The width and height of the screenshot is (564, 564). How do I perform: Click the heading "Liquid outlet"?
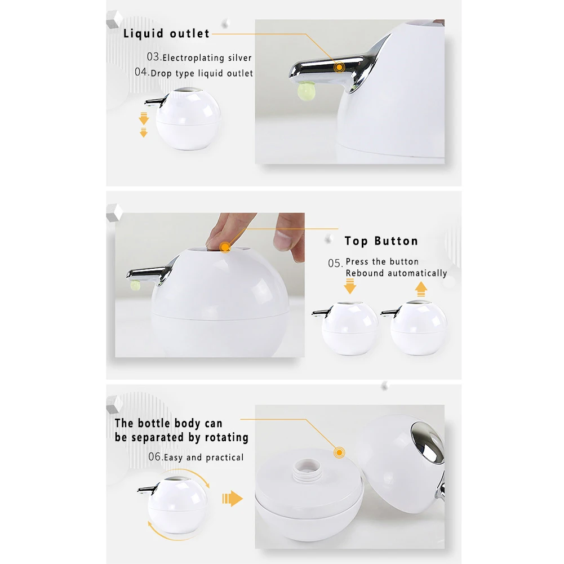click(x=166, y=33)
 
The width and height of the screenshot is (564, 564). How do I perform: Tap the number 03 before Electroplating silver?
click(x=153, y=57)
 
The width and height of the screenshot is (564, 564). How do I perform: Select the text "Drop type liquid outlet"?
click(x=202, y=73)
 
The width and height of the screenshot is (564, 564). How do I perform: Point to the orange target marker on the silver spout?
click(x=339, y=67)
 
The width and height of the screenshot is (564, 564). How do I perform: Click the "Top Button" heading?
click(x=381, y=241)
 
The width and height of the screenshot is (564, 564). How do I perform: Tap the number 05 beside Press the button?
click(x=335, y=263)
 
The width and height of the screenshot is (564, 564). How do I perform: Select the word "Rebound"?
click(x=365, y=273)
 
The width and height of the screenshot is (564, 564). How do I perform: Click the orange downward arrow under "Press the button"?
click(x=350, y=287)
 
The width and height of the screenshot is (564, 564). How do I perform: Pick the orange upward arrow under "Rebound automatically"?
click(x=421, y=289)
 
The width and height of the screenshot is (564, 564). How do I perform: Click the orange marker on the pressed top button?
click(x=225, y=247)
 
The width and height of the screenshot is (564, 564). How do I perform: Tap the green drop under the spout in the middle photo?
click(x=135, y=285)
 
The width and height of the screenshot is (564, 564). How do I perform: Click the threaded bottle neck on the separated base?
click(x=308, y=469)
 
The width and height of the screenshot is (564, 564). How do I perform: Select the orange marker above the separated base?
click(x=339, y=452)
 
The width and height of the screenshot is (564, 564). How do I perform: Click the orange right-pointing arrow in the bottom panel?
click(x=232, y=499)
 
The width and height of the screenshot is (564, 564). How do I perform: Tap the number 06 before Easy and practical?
click(x=155, y=457)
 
